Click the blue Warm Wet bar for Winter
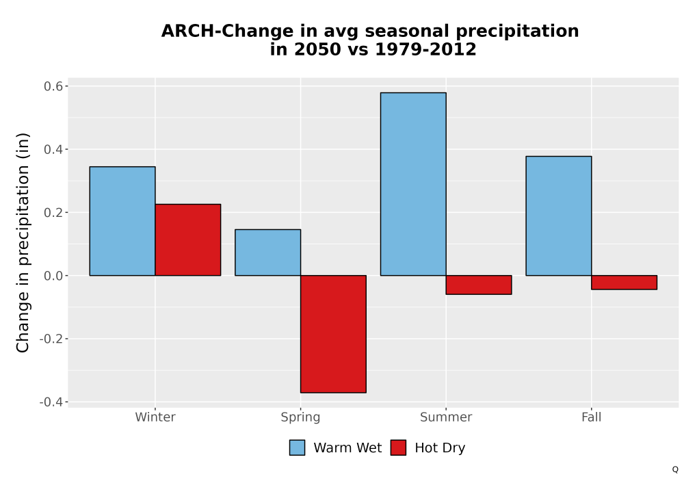pos(122,221)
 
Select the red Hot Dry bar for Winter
pos(188,239)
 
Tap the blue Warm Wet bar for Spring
pos(268,252)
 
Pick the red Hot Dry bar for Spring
pos(333,334)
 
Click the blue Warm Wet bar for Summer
pos(413,183)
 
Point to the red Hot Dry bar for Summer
pos(479,285)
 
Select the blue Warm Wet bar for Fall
pos(559,216)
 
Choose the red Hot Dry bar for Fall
pos(624,282)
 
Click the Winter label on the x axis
pos(155,417)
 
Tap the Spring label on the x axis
pos(300,417)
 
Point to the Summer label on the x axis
pos(446,417)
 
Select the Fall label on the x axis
pos(592,417)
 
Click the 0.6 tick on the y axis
pos(53,86)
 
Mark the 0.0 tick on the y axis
pos(53,276)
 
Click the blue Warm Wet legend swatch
pos(297,448)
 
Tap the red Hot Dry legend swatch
pos(398,448)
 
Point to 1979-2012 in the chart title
pos(425,49)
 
